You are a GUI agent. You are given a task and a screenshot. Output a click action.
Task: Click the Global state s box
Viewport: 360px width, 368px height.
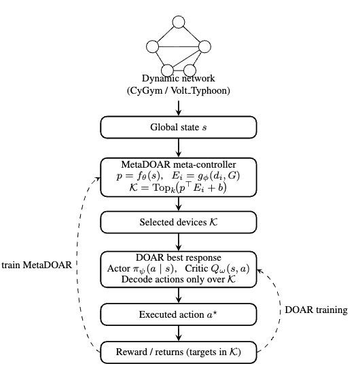click(x=179, y=128)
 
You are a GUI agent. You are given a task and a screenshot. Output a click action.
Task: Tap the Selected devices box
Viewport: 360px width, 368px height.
click(x=179, y=222)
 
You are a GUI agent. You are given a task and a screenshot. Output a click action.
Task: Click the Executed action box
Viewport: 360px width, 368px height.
click(x=179, y=315)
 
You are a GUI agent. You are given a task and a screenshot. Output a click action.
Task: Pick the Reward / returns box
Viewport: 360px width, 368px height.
click(x=179, y=352)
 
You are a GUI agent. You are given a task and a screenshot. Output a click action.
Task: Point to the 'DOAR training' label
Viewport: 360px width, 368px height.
click(x=311, y=310)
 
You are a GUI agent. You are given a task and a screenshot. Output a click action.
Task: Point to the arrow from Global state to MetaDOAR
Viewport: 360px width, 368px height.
click(x=179, y=147)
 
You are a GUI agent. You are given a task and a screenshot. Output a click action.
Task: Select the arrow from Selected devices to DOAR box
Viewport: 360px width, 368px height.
click(x=179, y=242)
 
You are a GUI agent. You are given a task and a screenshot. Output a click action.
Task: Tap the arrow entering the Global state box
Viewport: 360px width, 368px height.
click(x=179, y=107)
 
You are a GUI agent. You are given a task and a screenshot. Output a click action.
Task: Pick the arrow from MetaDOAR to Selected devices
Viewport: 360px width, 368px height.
click(x=179, y=204)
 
